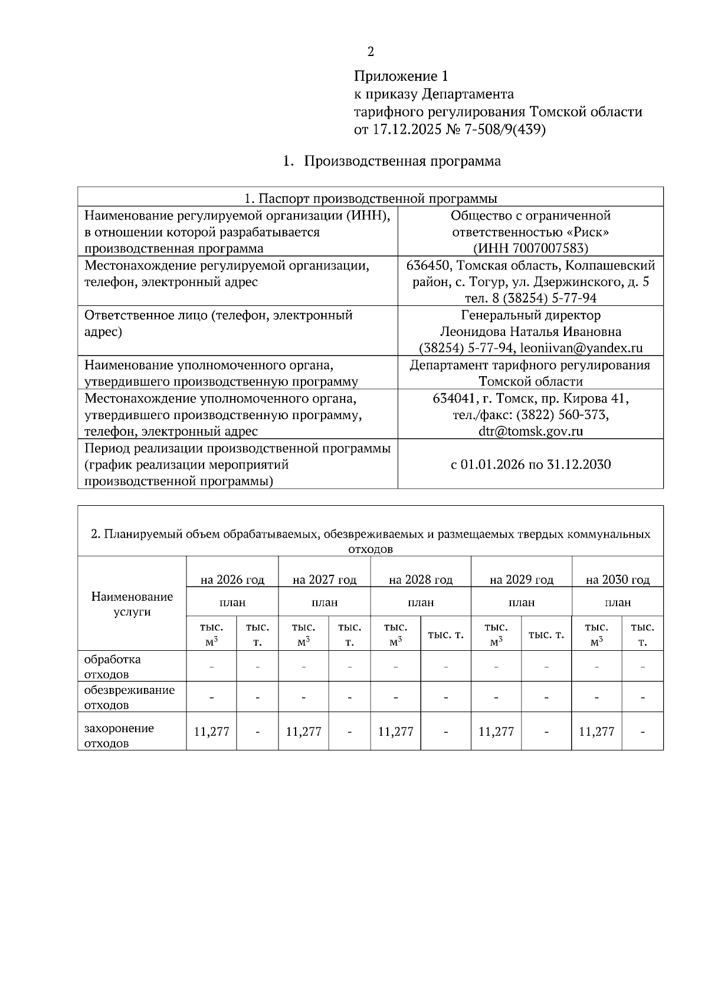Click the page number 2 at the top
click(371, 52)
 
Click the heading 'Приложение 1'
click(401, 77)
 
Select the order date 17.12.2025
click(406, 130)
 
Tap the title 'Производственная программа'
click(402, 162)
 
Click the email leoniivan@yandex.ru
click(581, 348)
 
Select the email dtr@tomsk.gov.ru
click(530, 431)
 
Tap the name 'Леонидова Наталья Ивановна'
click(530, 332)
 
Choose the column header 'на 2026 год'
click(232, 579)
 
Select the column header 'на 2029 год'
click(521, 579)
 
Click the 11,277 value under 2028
click(395, 732)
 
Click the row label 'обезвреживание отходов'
click(129, 697)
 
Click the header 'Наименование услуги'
click(132, 604)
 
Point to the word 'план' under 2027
click(324, 602)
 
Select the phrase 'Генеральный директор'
click(530, 315)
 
